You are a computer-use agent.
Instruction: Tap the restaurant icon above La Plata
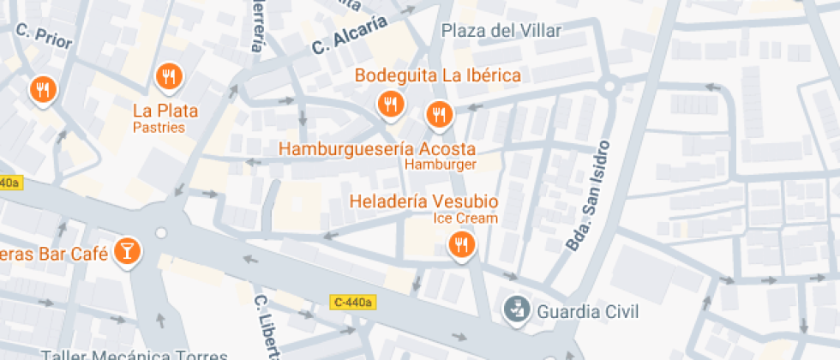point(168,77)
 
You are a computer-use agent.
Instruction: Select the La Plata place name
point(165,111)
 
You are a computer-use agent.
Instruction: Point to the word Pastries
point(159,127)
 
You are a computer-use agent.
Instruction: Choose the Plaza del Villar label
point(501,31)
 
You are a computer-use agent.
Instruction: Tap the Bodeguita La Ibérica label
point(438,75)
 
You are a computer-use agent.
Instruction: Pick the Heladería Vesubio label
point(423,202)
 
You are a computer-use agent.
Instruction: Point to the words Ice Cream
point(465,218)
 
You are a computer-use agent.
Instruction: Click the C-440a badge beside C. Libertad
point(353,302)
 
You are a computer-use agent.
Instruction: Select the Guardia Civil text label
point(588,310)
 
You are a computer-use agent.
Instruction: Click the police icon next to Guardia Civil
point(515,309)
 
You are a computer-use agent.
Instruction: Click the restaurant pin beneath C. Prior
point(42,88)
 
